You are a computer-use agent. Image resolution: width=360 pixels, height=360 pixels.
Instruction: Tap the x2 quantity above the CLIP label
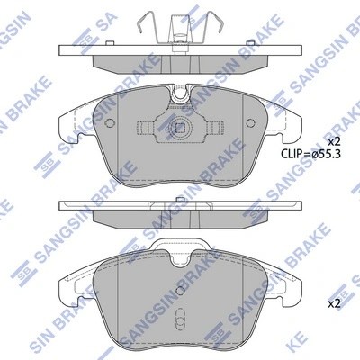click(334, 142)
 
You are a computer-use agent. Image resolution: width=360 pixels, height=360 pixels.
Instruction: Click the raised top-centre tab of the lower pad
click(180, 243)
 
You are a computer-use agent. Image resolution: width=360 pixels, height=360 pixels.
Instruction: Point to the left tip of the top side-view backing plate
click(59, 49)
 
